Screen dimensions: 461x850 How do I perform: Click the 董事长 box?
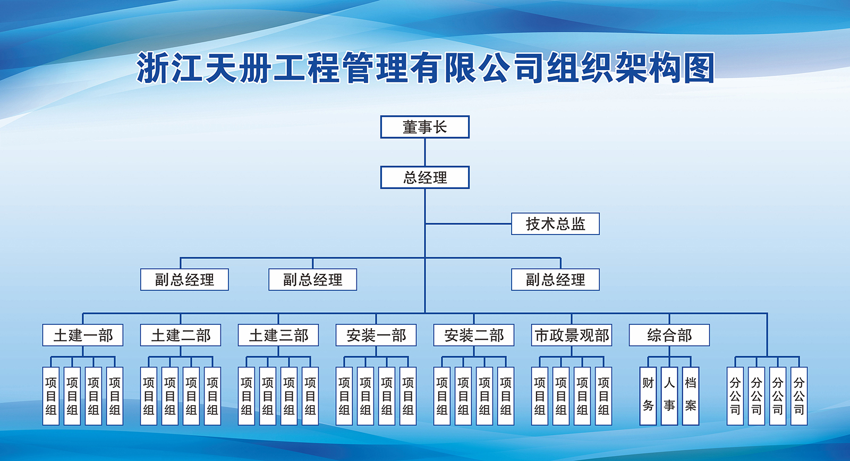pyautogui.click(x=424, y=127)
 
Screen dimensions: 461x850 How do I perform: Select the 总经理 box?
pyautogui.click(x=424, y=178)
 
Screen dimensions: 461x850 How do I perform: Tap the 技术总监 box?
pyautogui.click(x=555, y=224)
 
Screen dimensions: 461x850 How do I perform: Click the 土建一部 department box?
pyautogui.click(x=83, y=336)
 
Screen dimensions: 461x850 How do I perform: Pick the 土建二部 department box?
pyautogui.click(x=181, y=336)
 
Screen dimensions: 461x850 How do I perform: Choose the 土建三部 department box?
pyautogui.click(x=278, y=336)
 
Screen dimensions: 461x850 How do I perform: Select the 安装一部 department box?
pyautogui.click(x=376, y=336)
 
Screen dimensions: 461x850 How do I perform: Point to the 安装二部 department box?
pyautogui.click(x=474, y=336)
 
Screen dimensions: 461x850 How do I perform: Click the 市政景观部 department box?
pyautogui.click(x=572, y=336)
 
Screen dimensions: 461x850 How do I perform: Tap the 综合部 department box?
pyautogui.click(x=669, y=336)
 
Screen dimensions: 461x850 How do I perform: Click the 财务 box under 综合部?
pyautogui.click(x=648, y=396)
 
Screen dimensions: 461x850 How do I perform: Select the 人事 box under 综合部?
pyautogui.click(x=669, y=396)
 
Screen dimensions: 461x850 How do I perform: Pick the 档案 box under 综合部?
pyautogui.click(x=691, y=396)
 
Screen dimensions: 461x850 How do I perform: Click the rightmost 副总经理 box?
pyautogui.click(x=555, y=280)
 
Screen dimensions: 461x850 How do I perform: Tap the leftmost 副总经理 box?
pyautogui.click(x=184, y=280)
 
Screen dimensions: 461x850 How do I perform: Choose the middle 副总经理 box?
pyautogui.click(x=312, y=280)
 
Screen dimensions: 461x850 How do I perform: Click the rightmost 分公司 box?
pyautogui.click(x=799, y=396)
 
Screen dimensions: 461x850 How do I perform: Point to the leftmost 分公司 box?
pyautogui.click(x=735, y=396)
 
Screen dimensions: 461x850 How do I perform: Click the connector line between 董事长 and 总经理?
pyautogui.click(x=425, y=152)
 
